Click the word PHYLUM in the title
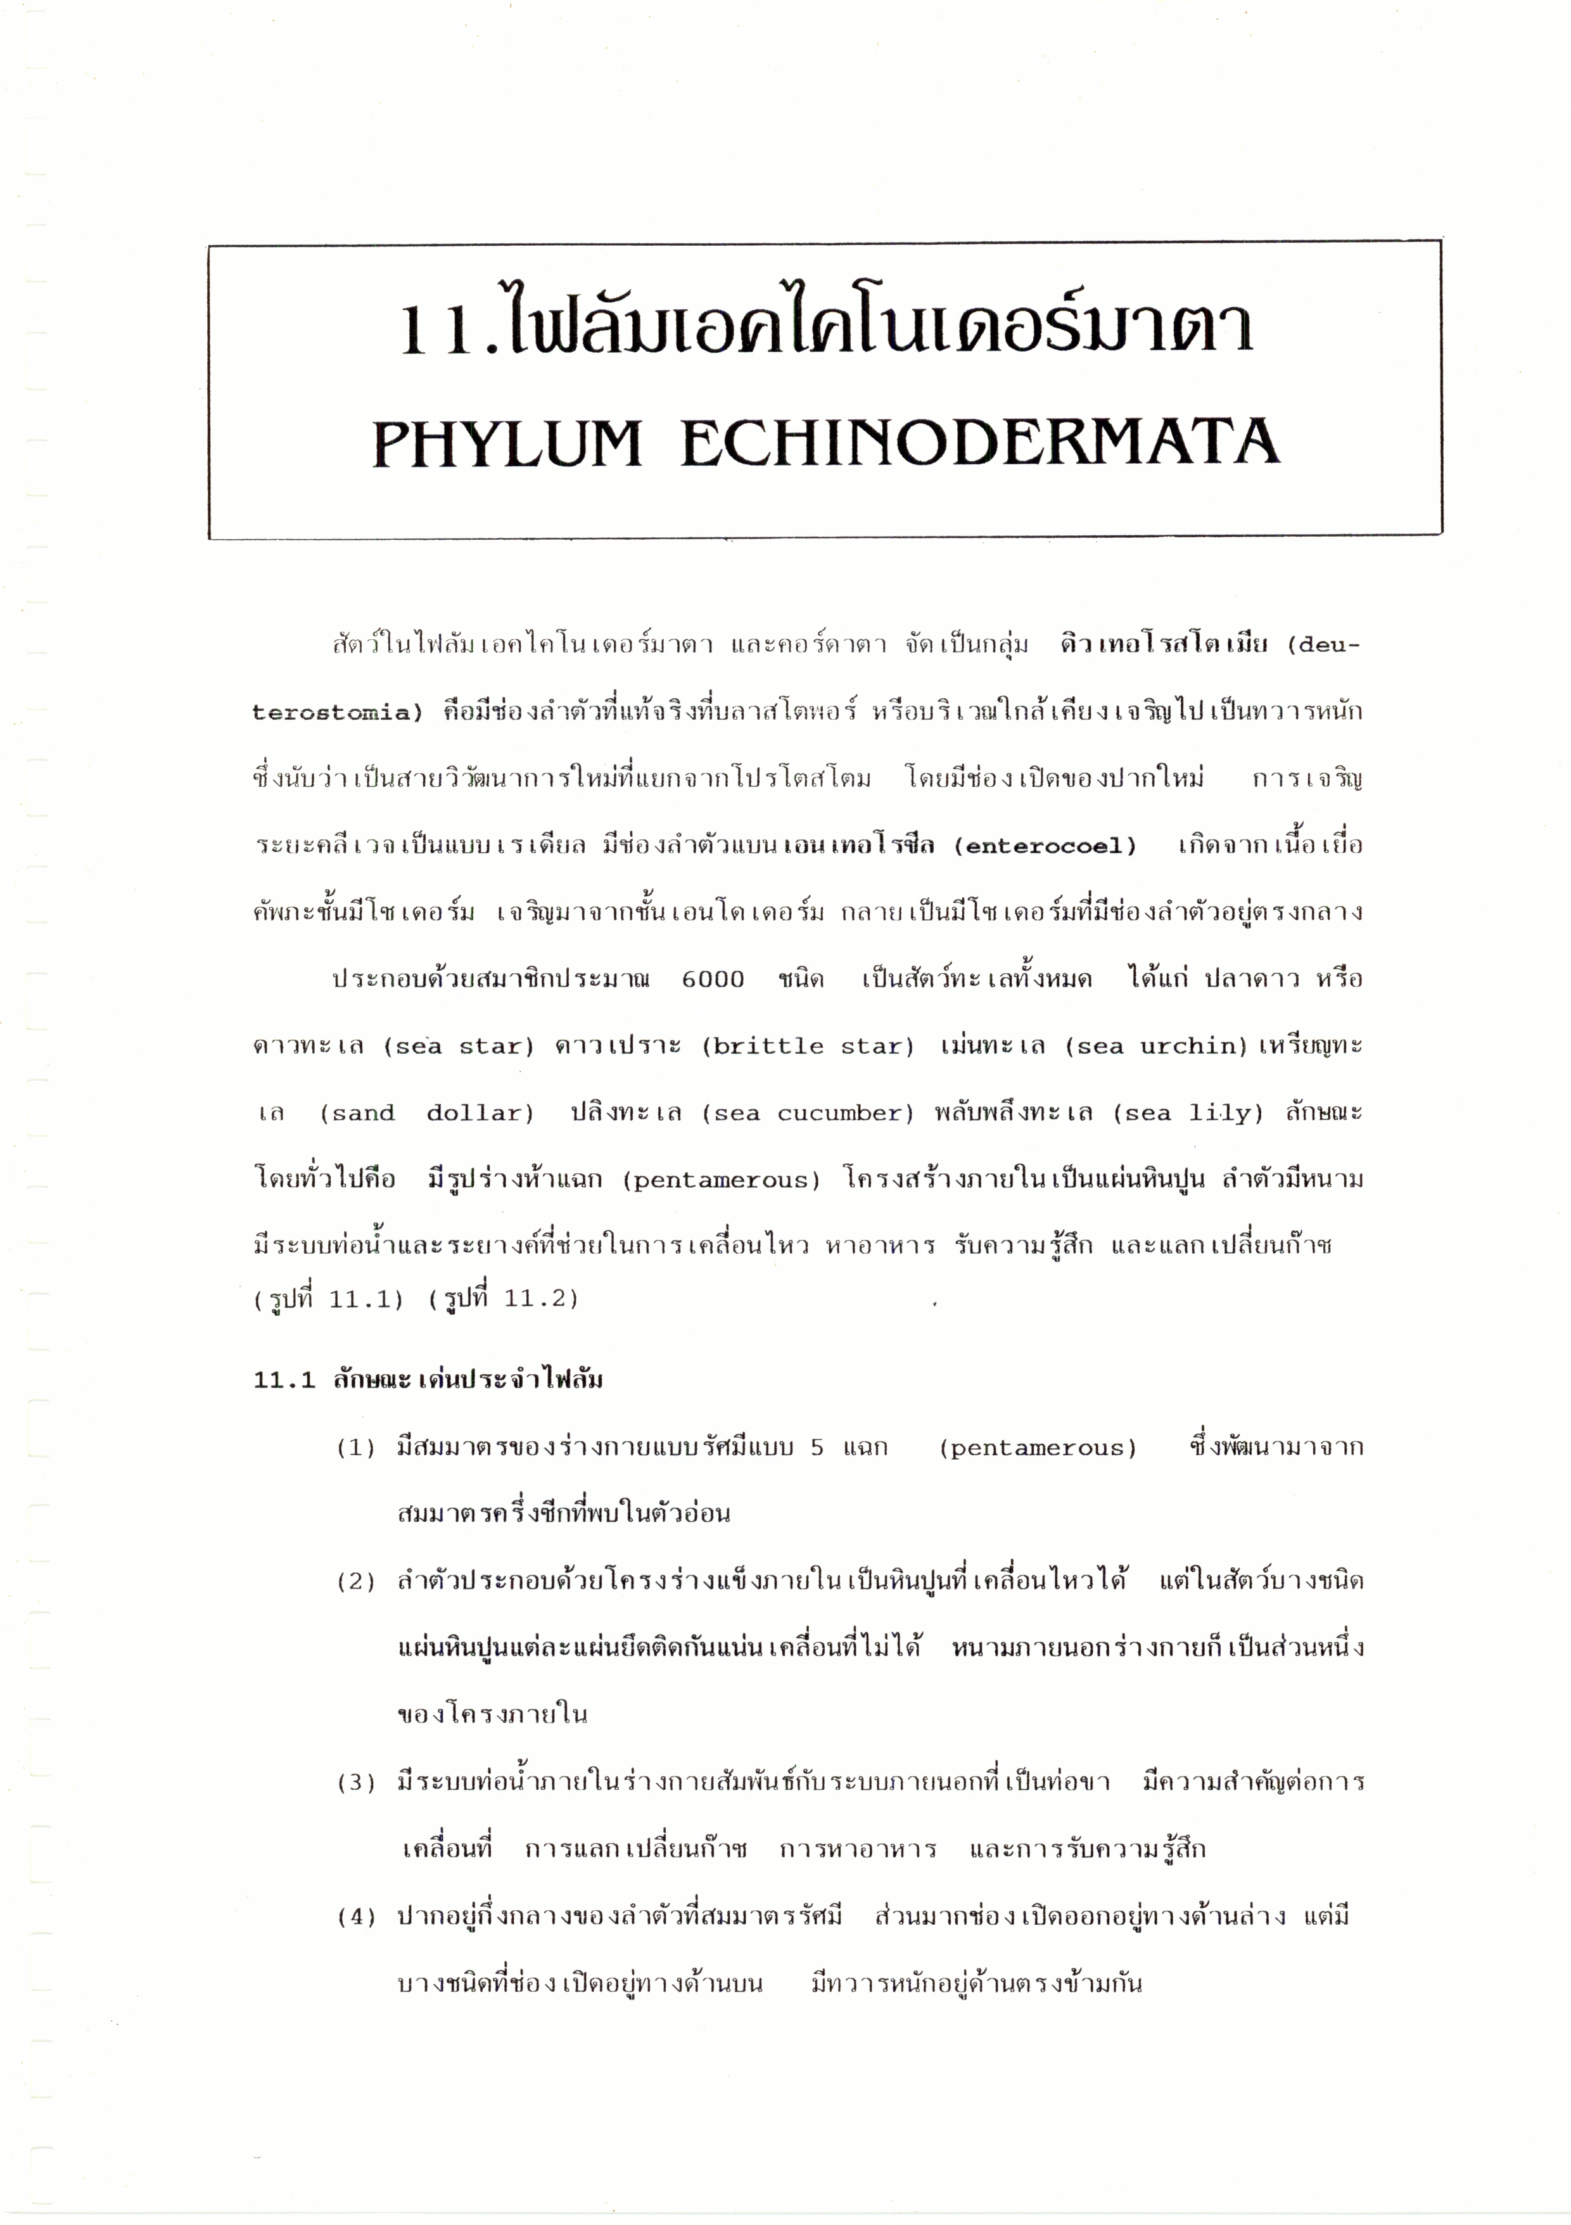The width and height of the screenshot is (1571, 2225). point(507,444)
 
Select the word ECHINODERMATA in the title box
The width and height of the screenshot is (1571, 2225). point(980,444)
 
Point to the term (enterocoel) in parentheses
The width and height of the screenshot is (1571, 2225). point(1045,846)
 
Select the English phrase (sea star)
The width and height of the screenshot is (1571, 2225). point(459,1047)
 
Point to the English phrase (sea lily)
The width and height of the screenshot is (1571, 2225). point(1188,1114)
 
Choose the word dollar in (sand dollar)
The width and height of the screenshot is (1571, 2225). point(481,1114)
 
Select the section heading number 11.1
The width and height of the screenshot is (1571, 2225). point(284,1380)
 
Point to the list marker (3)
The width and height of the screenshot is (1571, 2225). point(355,1783)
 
